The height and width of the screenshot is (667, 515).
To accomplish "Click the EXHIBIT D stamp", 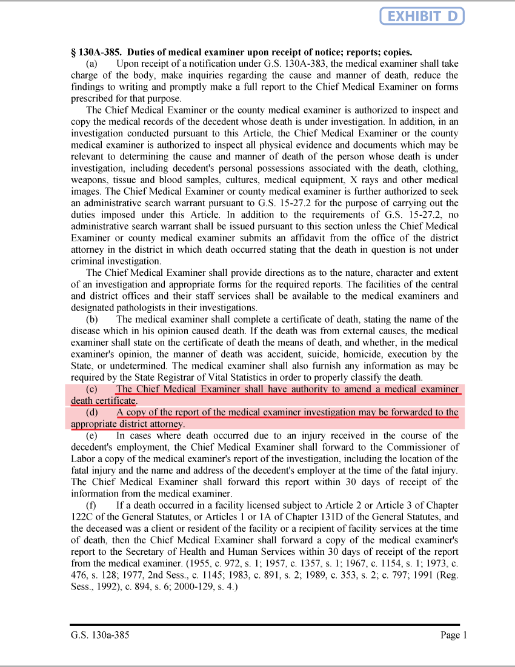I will click(422, 16).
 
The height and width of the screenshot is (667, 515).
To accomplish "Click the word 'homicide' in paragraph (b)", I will click(369, 354).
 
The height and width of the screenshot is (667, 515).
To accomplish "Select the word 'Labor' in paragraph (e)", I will click(83, 459).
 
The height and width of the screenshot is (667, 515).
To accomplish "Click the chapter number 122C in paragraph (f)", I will click(83, 517).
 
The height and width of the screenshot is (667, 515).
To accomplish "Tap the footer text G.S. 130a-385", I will click(100, 635).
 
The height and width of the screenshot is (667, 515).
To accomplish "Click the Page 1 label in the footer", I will click(454, 635).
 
